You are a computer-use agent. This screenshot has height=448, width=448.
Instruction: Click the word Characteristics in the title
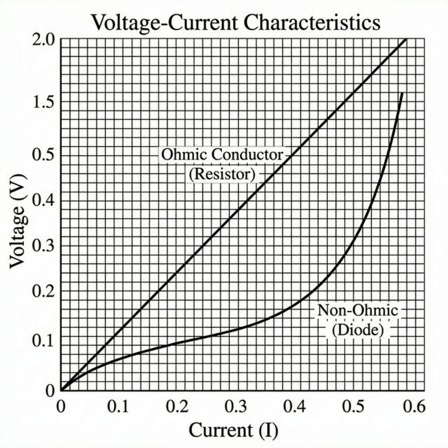tap(312, 23)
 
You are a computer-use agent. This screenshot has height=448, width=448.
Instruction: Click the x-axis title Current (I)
tap(233, 430)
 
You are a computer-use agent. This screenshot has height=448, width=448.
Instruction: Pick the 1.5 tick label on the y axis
tap(44, 103)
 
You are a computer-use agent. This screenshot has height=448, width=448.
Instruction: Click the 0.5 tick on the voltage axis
tap(44, 156)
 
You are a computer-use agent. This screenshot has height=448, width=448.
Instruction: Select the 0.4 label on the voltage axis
tap(44, 201)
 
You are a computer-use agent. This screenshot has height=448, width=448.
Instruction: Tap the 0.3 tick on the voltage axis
tap(44, 247)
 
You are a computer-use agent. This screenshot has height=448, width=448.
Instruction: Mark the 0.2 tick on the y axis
tap(44, 292)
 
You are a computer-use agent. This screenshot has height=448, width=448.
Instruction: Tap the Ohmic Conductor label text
tap(222, 154)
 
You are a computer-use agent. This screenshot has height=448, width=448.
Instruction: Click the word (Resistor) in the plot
tap(222, 174)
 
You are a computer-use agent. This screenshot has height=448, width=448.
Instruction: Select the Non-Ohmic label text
tap(357, 310)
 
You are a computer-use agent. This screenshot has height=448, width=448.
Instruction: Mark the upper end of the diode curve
tap(401, 93)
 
